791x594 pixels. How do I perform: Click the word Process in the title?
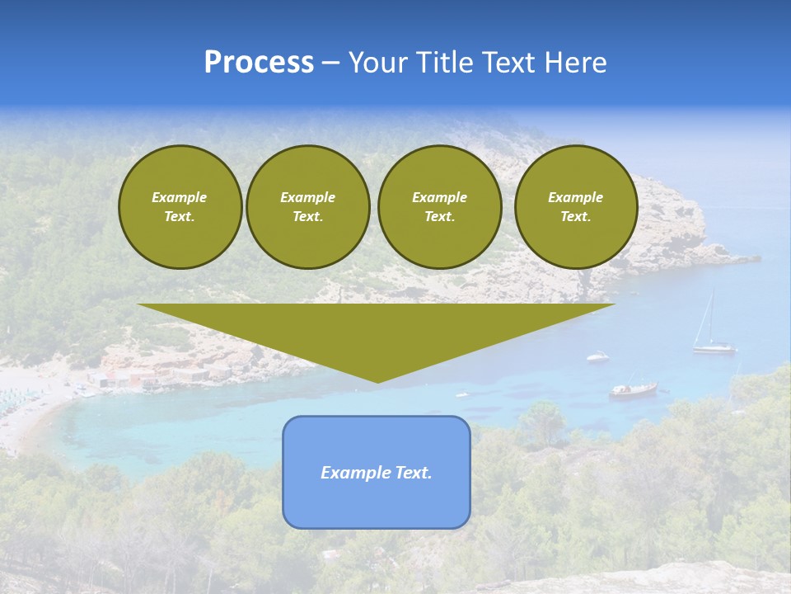[x=259, y=63]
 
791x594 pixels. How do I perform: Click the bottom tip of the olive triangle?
[x=377, y=380]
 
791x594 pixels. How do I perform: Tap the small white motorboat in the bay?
[x=597, y=356]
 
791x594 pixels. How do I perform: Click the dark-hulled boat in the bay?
[x=633, y=389]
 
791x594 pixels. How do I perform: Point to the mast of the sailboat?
[x=711, y=318]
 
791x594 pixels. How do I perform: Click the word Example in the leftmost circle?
[x=180, y=197]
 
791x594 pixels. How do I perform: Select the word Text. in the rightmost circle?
[x=576, y=216]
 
